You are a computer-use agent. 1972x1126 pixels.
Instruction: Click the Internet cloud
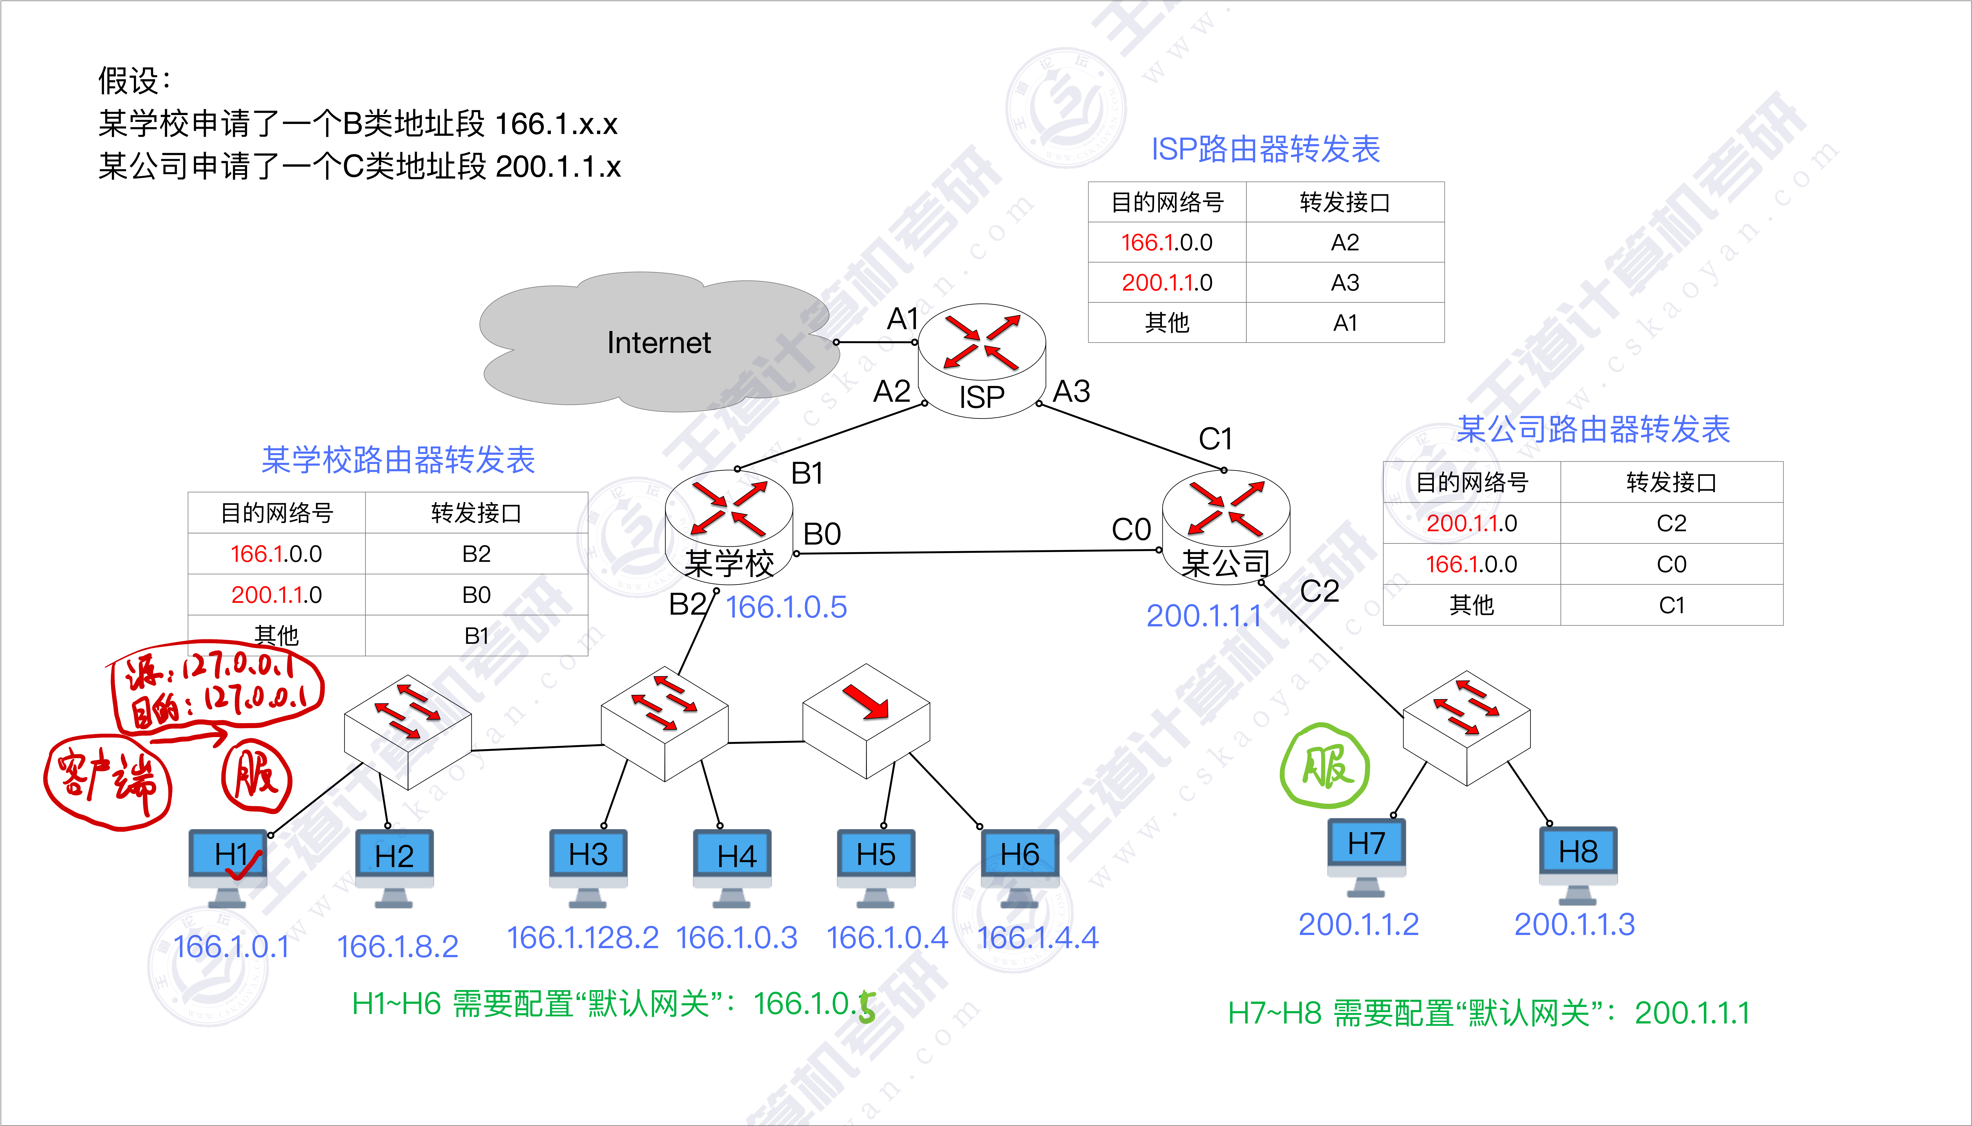click(x=657, y=342)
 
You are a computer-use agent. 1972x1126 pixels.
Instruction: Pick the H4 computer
click(x=732, y=866)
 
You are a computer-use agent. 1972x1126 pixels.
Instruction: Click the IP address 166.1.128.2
click(x=582, y=938)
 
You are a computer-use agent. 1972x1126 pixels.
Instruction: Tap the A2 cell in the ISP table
click(x=1345, y=243)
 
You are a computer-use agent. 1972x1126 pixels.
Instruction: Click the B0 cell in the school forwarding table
click(x=476, y=595)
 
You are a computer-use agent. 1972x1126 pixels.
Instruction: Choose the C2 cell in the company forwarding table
click(x=1671, y=524)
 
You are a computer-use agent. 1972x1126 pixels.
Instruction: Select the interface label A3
click(x=1072, y=391)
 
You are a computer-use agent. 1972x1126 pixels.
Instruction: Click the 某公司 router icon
click(x=1226, y=526)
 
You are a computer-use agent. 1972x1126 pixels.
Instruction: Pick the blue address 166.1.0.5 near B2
click(x=786, y=607)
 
